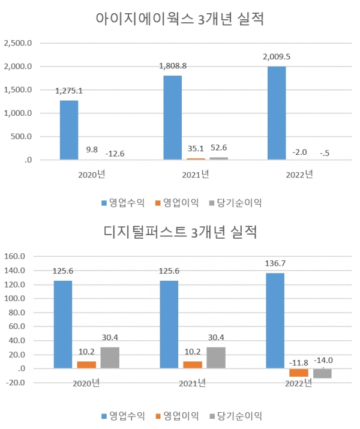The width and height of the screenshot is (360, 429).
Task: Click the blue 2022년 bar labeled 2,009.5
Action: [x=277, y=113]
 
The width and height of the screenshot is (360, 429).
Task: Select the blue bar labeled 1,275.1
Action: [x=68, y=130]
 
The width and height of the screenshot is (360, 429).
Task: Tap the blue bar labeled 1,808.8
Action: [x=172, y=117]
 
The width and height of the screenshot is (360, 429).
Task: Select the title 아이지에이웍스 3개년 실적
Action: [x=180, y=19]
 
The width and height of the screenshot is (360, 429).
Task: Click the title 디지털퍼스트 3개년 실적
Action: [x=180, y=232]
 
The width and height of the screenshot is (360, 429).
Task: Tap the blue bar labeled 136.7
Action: [x=275, y=320]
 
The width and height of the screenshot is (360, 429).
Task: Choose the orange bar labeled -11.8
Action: [x=298, y=373]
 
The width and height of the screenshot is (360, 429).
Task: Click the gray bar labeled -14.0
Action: [x=322, y=373]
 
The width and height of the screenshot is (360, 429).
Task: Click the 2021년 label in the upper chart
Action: [x=194, y=175]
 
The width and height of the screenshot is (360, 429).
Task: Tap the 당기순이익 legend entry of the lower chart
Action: [x=237, y=415]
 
